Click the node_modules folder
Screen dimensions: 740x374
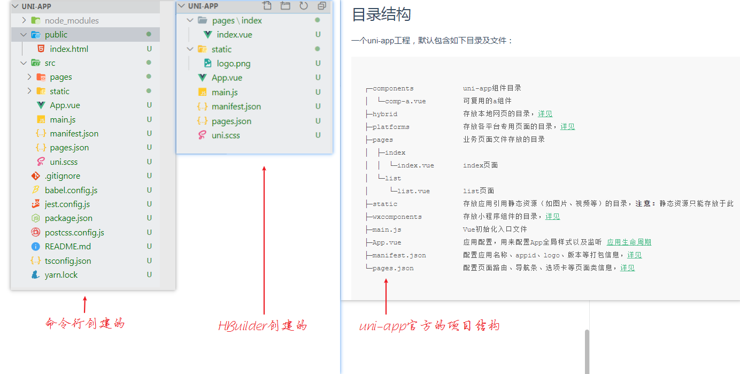click(x=72, y=20)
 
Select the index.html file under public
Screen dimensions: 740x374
click(x=69, y=49)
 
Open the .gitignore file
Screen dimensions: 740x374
click(x=62, y=176)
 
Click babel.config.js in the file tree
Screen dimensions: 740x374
click(x=71, y=190)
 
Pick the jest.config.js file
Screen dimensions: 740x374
click(x=67, y=204)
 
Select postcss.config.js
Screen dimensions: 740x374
click(x=74, y=233)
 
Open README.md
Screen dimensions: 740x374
click(x=67, y=247)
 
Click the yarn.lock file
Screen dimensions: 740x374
click(x=61, y=275)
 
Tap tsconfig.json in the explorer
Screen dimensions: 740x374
click(x=67, y=261)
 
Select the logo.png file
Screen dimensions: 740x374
click(x=233, y=64)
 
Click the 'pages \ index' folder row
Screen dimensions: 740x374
click(x=237, y=20)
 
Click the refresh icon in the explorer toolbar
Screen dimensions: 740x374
click(x=303, y=6)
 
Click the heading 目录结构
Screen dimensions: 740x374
click(x=381, y=14)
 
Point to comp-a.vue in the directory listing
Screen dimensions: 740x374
click(x=405, y=101)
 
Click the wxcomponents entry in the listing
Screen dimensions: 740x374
click(x=397, y=217)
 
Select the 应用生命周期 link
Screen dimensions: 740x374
click(x=629, y=242)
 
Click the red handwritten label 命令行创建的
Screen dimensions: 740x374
click(x=85, y=324)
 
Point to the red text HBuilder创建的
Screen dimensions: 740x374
click(x=263, y=326)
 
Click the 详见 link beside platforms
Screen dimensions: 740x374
click(x=567, y=127)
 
